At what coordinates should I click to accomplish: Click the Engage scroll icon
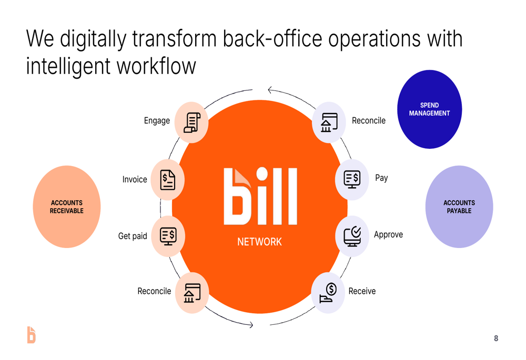coord(192,122)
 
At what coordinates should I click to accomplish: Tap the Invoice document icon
coord(168,180)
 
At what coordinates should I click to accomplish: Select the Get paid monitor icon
coord(168,236)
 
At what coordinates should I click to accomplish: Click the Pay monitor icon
coord(352,179)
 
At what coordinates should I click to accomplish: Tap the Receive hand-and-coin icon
coord(328,293)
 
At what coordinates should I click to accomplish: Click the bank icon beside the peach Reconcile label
coord(192,293)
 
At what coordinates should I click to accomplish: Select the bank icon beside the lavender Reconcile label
coord(329,122)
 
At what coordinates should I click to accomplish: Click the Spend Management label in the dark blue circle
coord(429,109)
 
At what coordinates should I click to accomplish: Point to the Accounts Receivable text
coord(67,207)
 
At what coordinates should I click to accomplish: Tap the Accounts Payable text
coord(459,207)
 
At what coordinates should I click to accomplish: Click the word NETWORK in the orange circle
coord(260,242)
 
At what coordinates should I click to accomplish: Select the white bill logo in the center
coord(260,196)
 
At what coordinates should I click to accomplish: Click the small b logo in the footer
coord(31,335)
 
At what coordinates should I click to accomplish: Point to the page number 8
coord(496,338)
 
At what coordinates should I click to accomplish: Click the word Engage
coord(157,121)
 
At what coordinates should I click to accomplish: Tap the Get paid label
coord(133,236)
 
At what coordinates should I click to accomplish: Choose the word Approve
coord(389,234)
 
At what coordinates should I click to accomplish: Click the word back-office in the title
coord(272,38)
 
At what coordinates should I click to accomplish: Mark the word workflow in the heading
coord(156,66)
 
